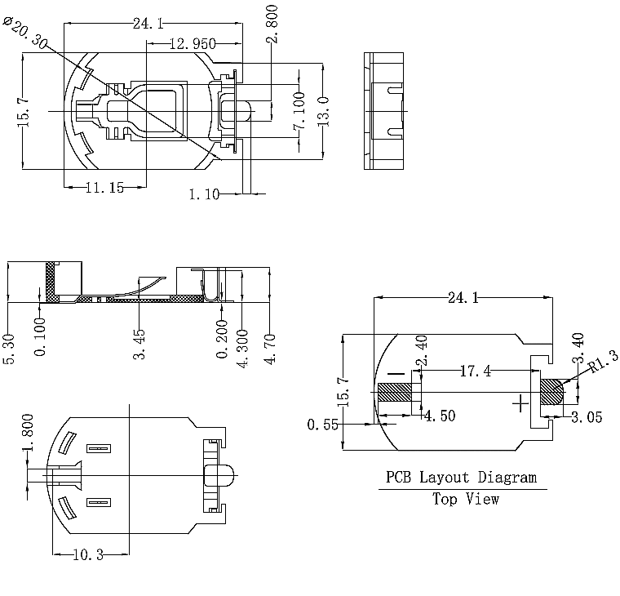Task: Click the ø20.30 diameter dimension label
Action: click(25, 33)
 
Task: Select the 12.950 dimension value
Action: click(193, 43)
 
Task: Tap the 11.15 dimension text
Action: click(104, 187)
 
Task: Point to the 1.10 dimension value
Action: click(204, 194)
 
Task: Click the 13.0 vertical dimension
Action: click(323, 112)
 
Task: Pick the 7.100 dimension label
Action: click(299, 111)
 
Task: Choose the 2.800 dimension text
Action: click(272, 24)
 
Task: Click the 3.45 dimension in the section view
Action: click(139, 345)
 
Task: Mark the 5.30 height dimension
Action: click(9, 349)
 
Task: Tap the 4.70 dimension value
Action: click(270, 349)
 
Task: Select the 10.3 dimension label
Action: click(88, 554)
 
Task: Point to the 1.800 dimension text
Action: click(28, 433)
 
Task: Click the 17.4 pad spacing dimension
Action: click(476, 371)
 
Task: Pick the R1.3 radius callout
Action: click(604, 362)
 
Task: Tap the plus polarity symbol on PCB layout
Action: click(520, 403)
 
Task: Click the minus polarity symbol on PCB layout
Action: click(396, 374)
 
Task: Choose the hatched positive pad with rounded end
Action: click(552, 392)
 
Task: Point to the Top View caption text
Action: click(465, 499)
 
